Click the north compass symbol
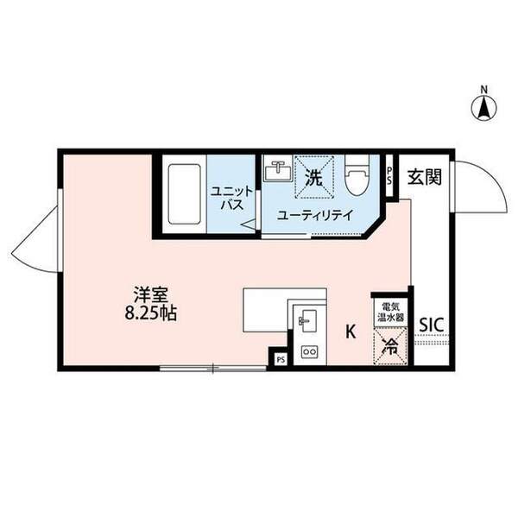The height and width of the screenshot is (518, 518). point(485,105)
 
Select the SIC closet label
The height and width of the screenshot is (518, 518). point(431,324)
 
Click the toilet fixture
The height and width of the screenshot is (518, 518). point(355,179)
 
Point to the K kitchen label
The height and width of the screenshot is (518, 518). point(351,330)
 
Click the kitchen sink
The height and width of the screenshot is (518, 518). point(306,321)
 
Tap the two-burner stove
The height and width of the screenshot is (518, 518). point(307,352)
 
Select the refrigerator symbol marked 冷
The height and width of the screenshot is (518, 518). point(389,347)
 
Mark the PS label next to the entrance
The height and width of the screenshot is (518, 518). point(390,178)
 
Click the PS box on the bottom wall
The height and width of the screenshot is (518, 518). point(280,358)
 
